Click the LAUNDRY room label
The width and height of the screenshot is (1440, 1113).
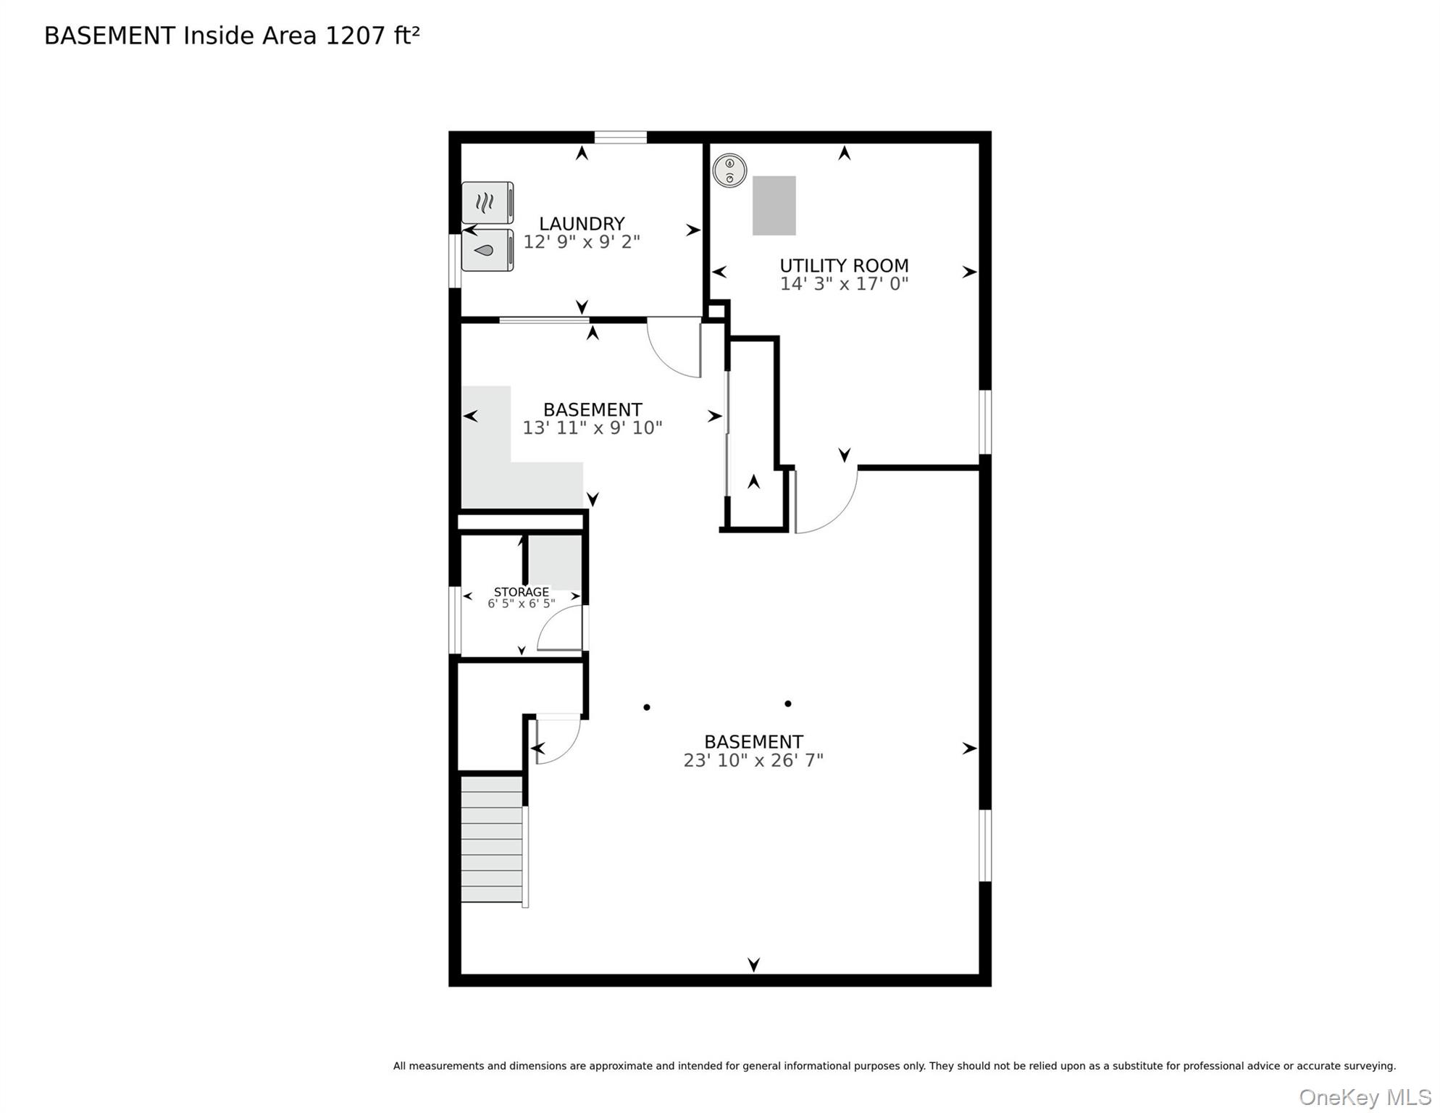[581, 224]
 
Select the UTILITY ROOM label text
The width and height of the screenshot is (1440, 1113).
[844, 266]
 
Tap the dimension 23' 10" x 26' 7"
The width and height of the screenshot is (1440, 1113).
[753, 760]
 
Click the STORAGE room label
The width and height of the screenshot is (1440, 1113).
[521, 592]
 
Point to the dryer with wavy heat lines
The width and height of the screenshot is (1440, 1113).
[487, 203]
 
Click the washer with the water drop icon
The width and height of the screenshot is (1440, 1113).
[487, 251]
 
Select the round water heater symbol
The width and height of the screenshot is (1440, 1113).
[729, 171]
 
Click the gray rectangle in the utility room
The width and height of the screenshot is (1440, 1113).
[774, 206]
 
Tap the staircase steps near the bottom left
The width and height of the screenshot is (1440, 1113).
[492, 840]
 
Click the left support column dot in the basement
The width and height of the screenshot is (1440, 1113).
[647, 707]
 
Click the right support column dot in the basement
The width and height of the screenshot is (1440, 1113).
[788, 704]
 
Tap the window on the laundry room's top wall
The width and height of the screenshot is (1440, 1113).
[620, 137]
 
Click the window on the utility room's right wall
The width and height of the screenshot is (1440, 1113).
[985, 422]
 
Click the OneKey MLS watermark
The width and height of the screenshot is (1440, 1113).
[1365, 1098]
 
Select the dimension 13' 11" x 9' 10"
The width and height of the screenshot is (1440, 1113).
[592, 428]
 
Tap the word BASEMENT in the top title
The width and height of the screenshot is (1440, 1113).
[109, 36]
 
